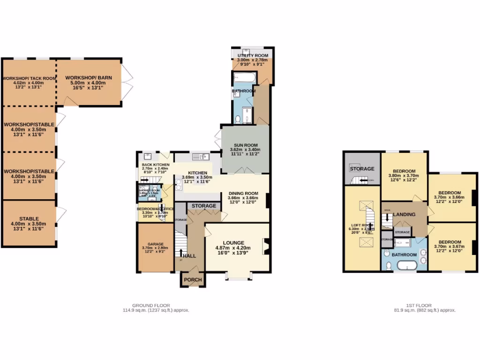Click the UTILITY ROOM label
click(252, 56)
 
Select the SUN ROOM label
click(245, 145)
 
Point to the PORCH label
click(193, 280)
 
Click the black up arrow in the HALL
click(181, 253)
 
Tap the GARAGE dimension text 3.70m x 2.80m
click(156, 248)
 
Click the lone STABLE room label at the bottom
click(29, 218)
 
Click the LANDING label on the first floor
click(404, 215)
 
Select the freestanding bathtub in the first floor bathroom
click(406, 266)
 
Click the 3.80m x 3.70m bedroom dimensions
click(404, 175)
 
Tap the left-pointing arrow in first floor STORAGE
click(360, 180)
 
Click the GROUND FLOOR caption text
click(151, 305)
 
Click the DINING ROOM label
click(243, 193)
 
